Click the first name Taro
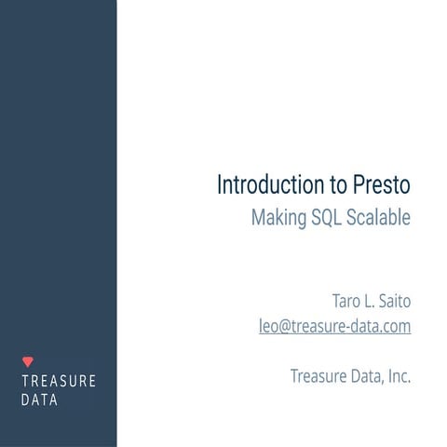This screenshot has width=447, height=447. [348, 303]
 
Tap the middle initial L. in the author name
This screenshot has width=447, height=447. [372, 303]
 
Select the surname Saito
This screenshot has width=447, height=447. [395, 303]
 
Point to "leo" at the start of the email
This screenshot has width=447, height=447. [269, 327]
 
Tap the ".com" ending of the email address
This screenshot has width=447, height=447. [395, 327]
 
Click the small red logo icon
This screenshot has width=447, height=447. [27, 360]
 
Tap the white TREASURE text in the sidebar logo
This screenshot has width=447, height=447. [58, 382]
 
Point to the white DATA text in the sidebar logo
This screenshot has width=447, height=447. [39, 400]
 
